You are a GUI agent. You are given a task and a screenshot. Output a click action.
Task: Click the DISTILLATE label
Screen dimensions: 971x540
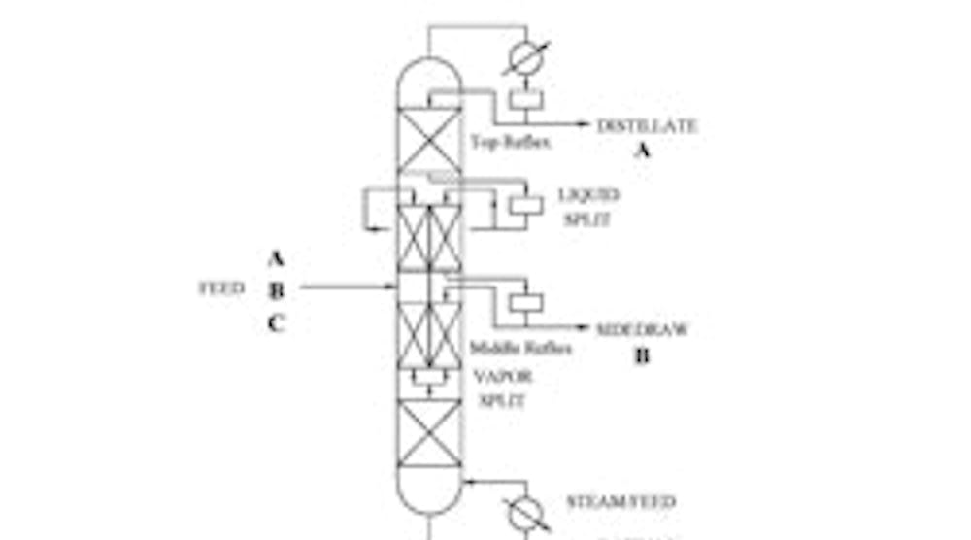click(x=647, y=125)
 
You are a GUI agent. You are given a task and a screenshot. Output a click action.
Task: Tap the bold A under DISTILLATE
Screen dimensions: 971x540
click(x=642, y=150)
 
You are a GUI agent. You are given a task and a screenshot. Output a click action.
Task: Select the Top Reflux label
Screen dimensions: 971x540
click(x=511, y=143)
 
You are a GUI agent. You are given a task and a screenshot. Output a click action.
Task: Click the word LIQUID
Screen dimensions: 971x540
click(x=588, y=195)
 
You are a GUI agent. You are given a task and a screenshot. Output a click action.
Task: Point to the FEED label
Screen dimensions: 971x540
click(x=221, y=288)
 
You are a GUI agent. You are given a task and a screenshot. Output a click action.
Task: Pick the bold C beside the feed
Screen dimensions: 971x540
click(x=276, y=323)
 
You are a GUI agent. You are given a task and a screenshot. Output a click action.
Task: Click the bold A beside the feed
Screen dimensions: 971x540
click(x=276, y=258)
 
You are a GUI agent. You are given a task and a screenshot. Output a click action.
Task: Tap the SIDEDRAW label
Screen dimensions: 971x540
click(x=642, y=329)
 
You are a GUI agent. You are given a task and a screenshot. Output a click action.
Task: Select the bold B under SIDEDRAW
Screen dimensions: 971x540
click(x=642, y=355)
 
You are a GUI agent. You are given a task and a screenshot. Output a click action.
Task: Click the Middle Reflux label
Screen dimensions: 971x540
click(x=520, y=348)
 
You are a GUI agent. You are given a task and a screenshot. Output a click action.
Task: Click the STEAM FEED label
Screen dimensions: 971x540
click(x=620, y=502)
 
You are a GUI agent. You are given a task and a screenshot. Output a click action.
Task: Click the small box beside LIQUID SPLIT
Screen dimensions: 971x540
click(x=526, y=206)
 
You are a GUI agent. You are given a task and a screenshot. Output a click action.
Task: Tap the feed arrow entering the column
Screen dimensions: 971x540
click(x=388, y=287)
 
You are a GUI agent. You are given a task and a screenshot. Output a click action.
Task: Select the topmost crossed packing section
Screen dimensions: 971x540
click(x=429, y=142)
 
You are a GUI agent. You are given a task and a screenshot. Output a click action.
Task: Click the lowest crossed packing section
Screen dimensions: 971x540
click(x=429, y=433)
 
